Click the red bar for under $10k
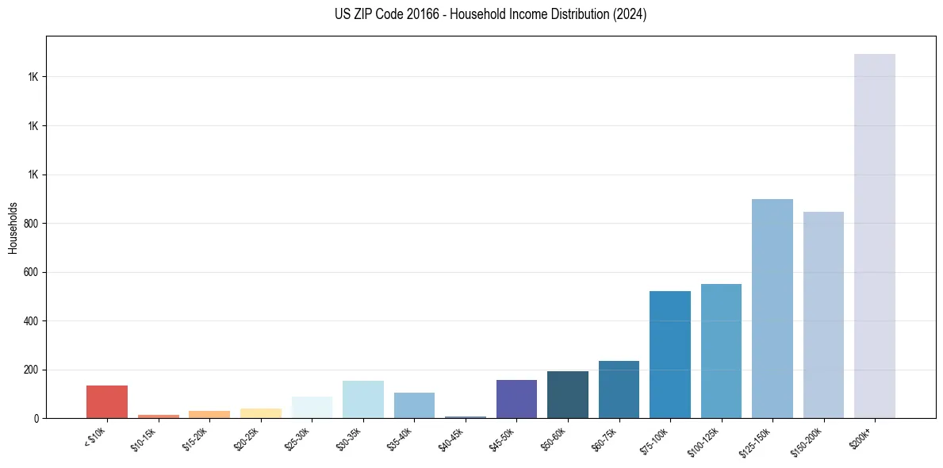tap(107, 401)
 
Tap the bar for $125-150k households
tap(772, 309)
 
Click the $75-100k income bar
tap(670, 355)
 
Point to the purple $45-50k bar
tap(516, 399)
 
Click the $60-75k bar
tap(619, 389)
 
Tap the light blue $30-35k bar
tap(363, 400)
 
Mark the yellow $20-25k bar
tap(261, 413)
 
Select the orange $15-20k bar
tap(209, 414)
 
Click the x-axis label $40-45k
tap(451, 439)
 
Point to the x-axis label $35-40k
tap(401, 439)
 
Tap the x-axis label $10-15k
tap(144, 439)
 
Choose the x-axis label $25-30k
tap(298, 439)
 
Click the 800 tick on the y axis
tap(32, 224)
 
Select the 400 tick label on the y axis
tap(32, 321)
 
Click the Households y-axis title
tap(13, 228)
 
